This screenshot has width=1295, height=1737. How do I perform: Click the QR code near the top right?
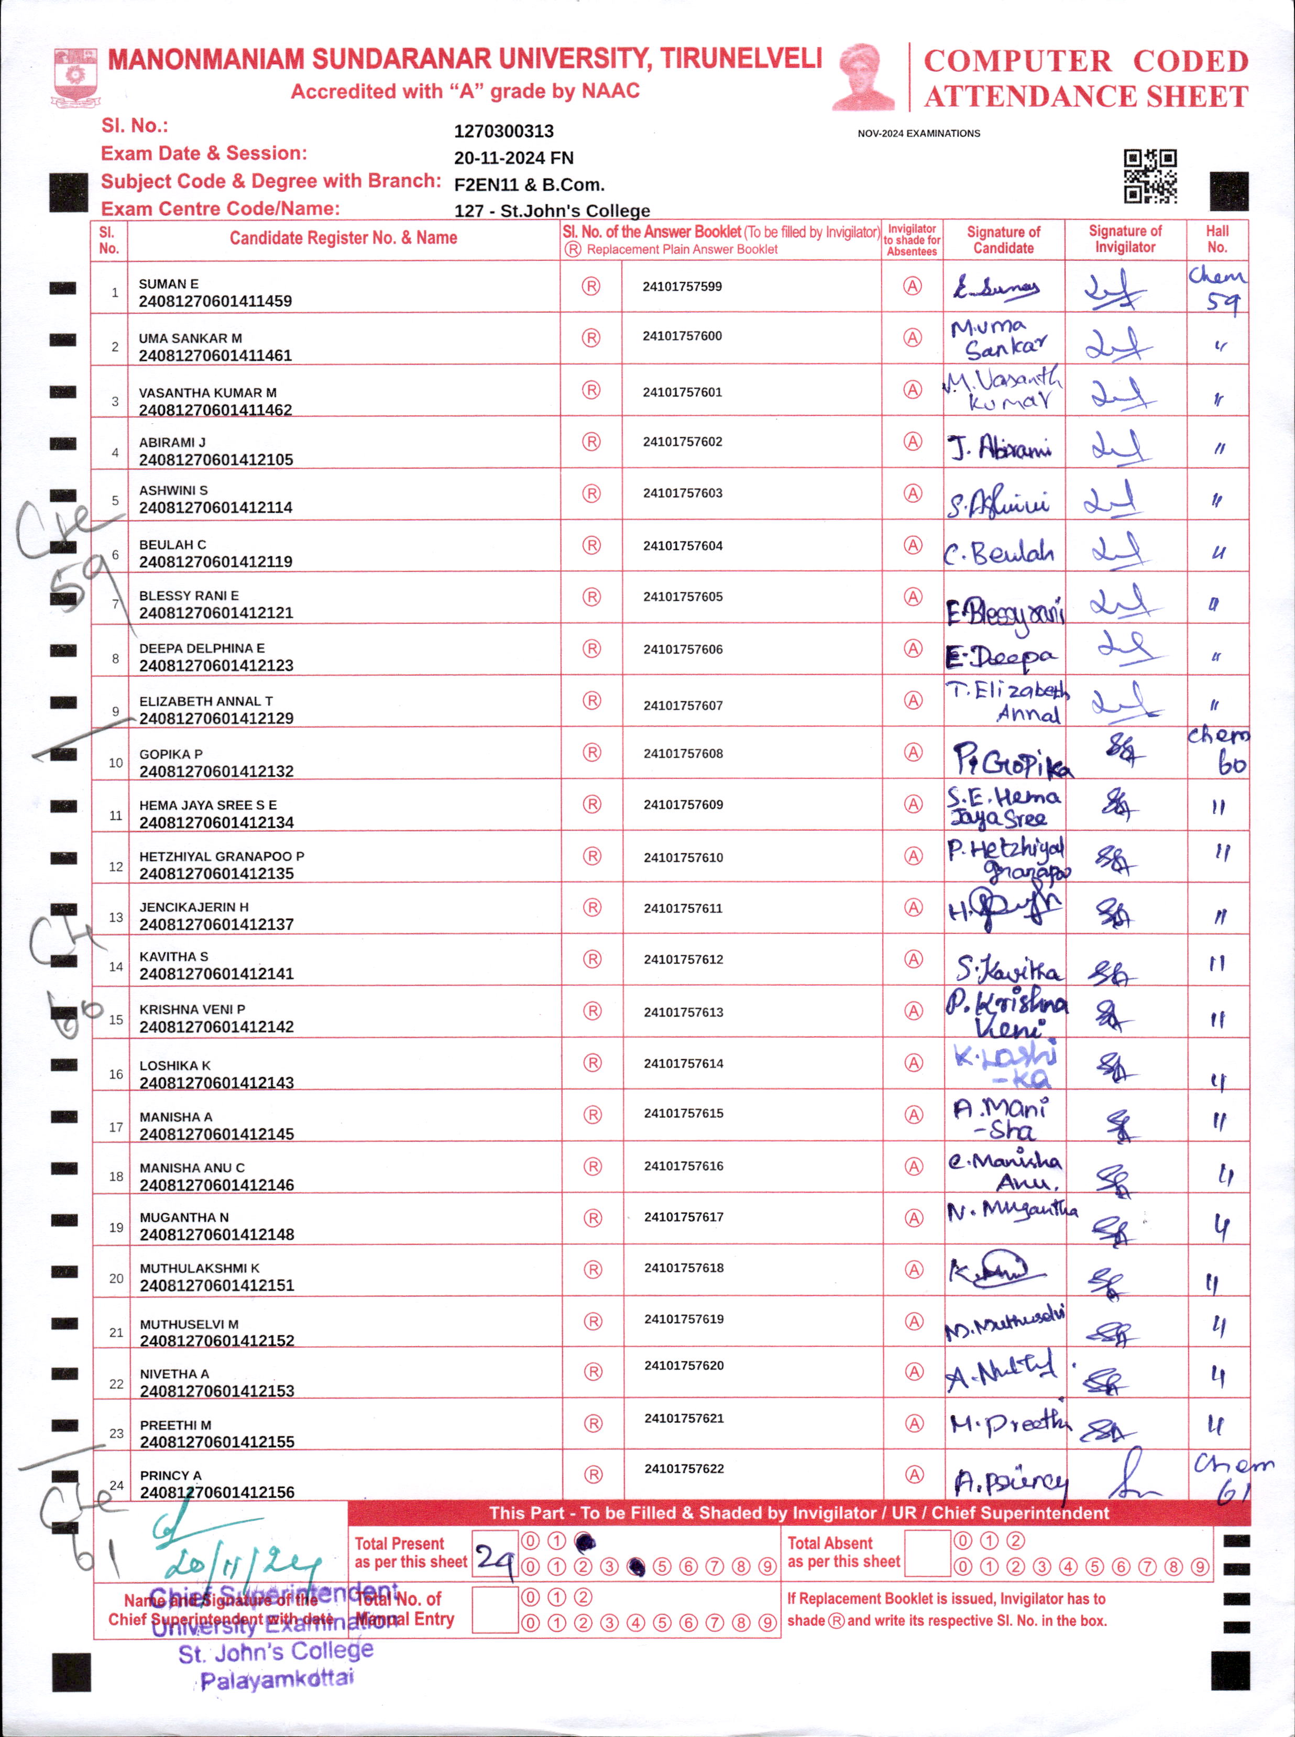pyautogui.click(x=1150, y=177)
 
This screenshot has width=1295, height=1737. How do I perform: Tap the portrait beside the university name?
pyautogui.click(x=863, y=77)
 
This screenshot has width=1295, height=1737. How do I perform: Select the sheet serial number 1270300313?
pyautogui.click(x=503, y=131)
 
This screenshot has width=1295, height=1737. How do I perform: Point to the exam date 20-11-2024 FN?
pyautogui.click(x=513, y=158)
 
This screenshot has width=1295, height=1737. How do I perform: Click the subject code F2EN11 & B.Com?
pyautogui.click(x=529, y=185)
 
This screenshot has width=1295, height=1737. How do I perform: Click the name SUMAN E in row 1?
pyautogui.click(x=169, y=284)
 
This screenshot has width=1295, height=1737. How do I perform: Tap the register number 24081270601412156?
pyautogui.click(x=217, y=1492)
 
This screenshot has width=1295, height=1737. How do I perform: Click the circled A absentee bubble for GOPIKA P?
pyautogui.click(x=913, y=753)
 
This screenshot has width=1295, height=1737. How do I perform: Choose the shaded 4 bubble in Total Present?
pyautogui.click(x=636, y=1567)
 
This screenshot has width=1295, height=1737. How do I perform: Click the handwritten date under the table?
pyautogui.click(x=243, y=1564)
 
